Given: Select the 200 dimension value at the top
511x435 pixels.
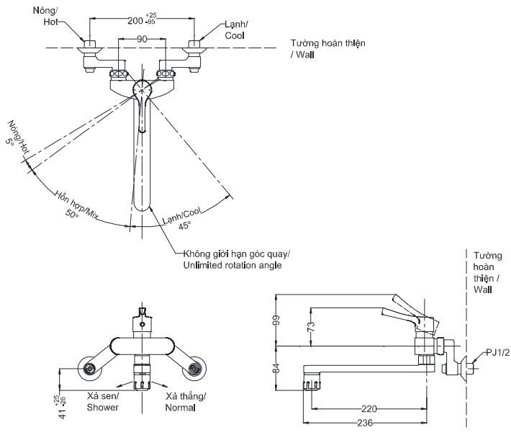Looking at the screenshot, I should [x=136, y=21].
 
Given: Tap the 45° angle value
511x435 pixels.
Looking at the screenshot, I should [x=184, y=225].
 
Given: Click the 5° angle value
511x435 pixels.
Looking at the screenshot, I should [x=11, y=143].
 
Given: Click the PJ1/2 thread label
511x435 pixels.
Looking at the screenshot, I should [x=496, y=352].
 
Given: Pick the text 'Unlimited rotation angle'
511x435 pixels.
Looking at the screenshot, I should [x=232, y=265].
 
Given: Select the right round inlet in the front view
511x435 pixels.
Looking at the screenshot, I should [x=193, y=369].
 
